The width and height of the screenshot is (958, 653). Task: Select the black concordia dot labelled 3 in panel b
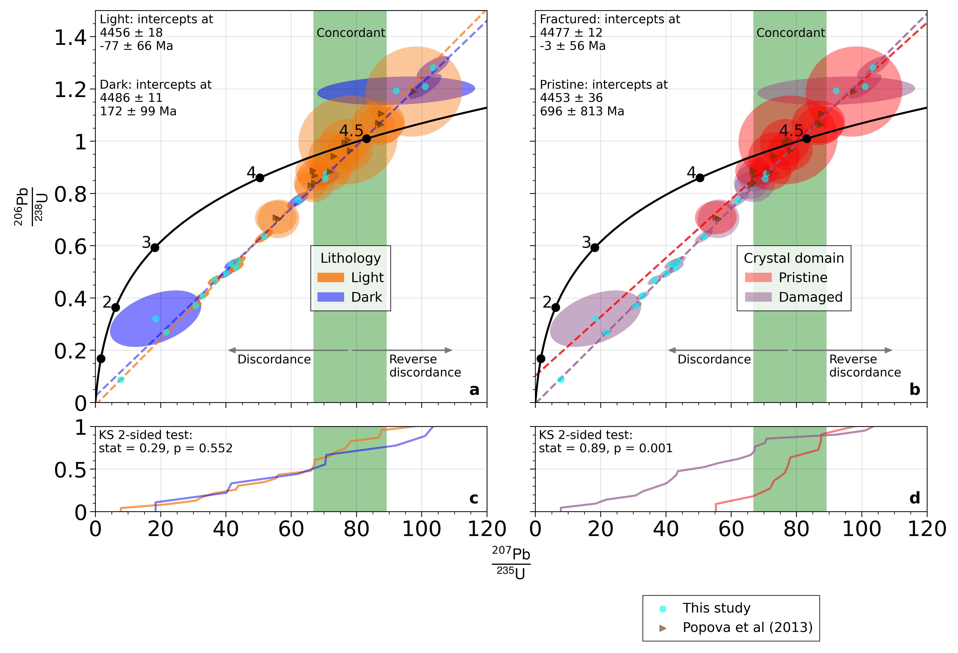pos(594,248)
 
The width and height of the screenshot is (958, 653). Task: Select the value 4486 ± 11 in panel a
pos(131,98)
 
